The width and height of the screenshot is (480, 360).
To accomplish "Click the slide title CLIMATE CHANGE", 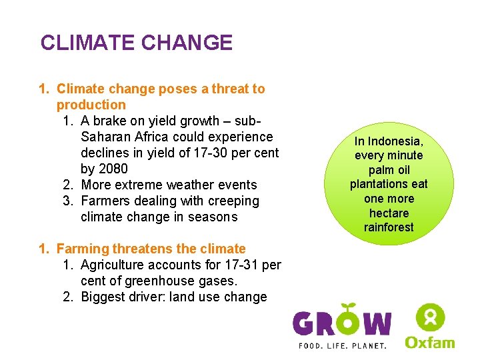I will [136, 43].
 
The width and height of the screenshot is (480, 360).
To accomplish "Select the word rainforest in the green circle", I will [389, 227].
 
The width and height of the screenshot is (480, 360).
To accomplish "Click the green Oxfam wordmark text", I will [430, 342].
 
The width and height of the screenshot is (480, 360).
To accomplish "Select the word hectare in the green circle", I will [389, 213].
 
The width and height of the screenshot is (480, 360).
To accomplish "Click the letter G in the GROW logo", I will [306, 324].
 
